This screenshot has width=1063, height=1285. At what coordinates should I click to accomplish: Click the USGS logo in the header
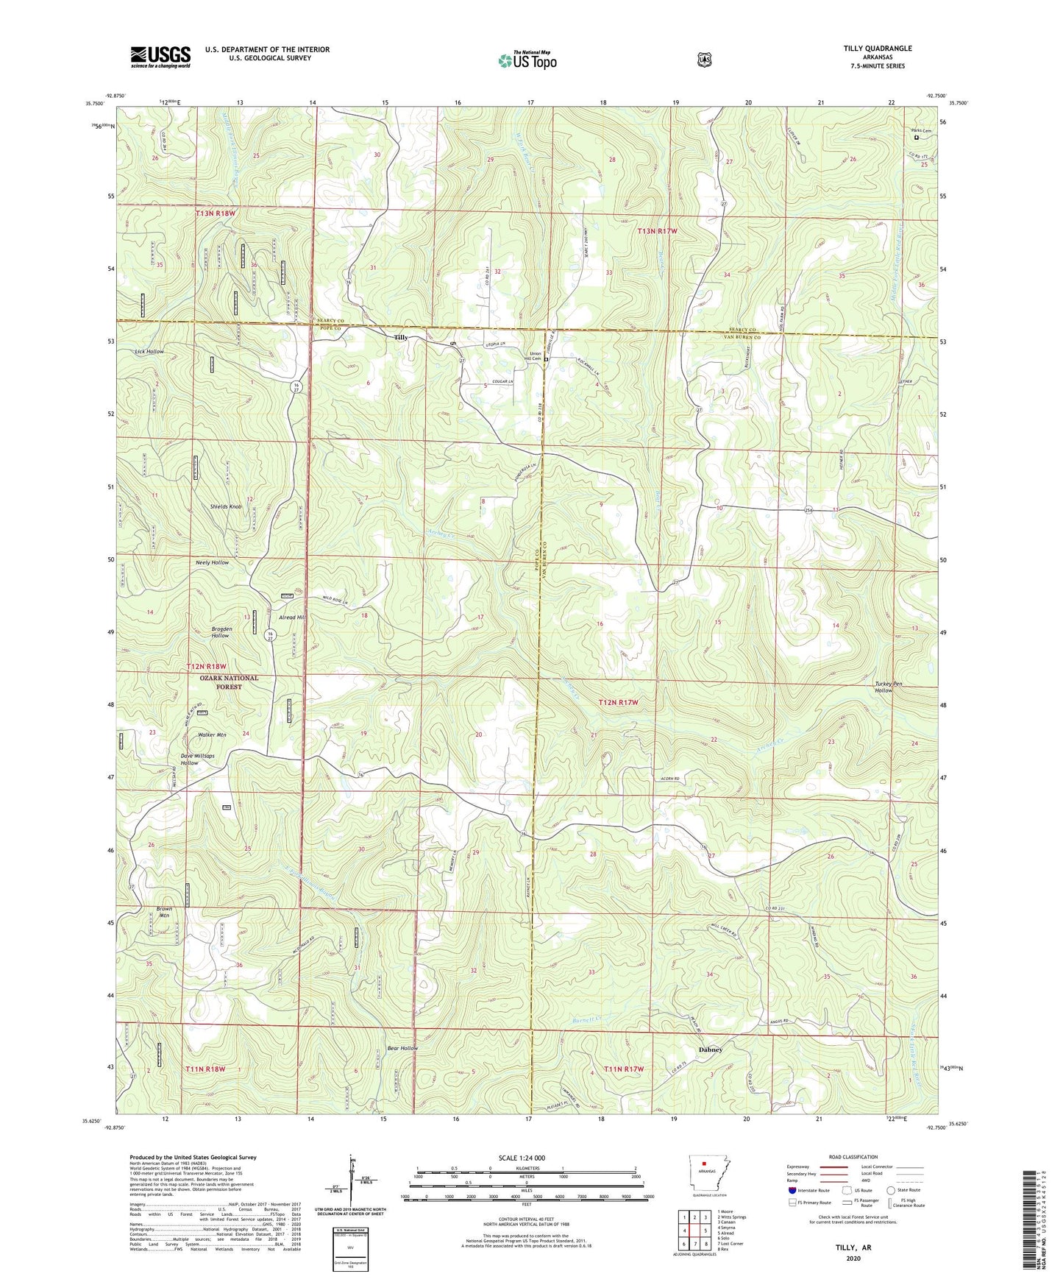[160, 57]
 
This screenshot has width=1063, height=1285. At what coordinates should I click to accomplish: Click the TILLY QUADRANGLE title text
[877, 49]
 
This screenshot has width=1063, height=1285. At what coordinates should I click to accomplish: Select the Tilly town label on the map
[401, 338]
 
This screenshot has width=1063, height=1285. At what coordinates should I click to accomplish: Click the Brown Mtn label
[164, 912]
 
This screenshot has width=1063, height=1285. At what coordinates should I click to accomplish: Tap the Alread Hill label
[291, 617]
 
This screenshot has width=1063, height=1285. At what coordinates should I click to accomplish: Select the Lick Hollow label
[149, 352]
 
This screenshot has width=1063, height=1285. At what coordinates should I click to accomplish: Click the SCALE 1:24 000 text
[522, 1158]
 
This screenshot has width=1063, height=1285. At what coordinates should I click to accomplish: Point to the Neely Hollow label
[212, 562]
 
